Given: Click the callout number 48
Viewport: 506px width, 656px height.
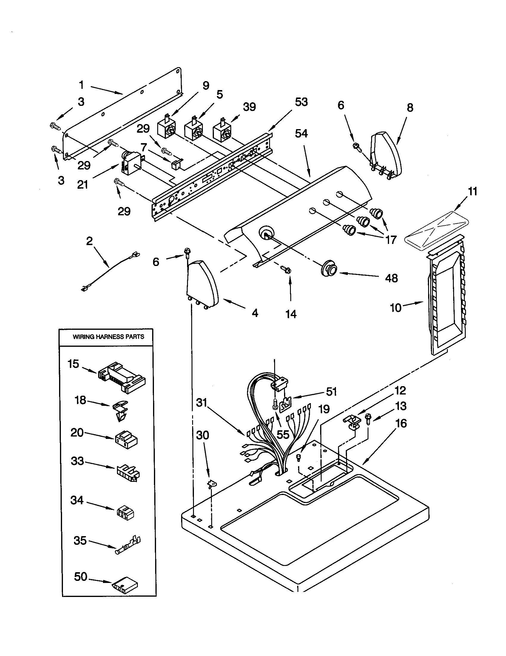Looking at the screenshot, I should (391, 278).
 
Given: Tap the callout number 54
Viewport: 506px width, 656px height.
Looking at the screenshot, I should (301, 133).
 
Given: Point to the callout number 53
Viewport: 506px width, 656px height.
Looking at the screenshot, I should (301, 102).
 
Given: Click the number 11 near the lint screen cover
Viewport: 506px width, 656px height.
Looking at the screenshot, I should (473, 191).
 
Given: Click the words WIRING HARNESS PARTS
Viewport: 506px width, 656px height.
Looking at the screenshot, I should (108, 337).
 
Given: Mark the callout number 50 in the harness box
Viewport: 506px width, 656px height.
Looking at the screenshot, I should (81, 576).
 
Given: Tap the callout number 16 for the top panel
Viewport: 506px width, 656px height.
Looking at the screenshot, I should (401, 423).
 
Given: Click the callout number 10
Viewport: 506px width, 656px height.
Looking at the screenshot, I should (396, 308).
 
